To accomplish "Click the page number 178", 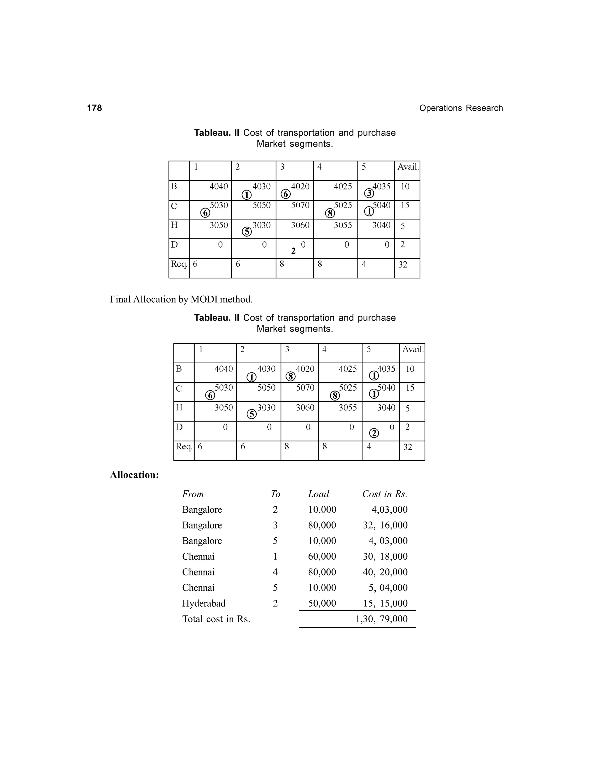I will pos(94,108).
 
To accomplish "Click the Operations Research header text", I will pos(461,108).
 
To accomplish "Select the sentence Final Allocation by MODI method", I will pos(181,300).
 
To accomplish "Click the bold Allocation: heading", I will pos(134,475).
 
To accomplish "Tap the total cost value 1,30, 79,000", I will pos(381,619).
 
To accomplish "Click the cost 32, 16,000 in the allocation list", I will pos(385,525).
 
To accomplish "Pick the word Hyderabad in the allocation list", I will pos(203,603).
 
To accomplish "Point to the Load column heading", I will pos(318,494).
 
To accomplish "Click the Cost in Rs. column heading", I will pos(385,494).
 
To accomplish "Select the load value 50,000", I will pos(322,603).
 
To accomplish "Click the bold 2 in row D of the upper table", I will pos(293,251).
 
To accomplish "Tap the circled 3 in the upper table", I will pos(369,193).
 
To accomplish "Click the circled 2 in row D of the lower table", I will pos(374,433).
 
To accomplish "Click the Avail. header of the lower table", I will pos(413,349).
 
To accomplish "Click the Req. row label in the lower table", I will pos(184,446).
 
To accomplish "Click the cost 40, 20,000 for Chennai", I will pos(385,572).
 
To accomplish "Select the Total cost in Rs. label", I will pos(216,619).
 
